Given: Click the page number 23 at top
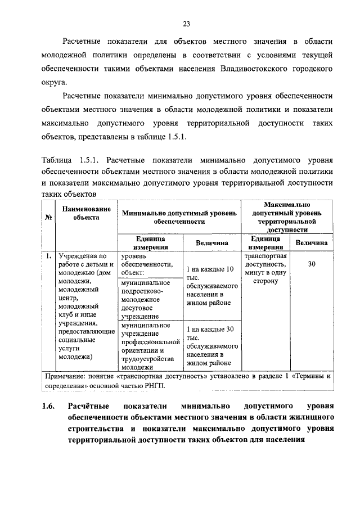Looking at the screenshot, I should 187,23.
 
